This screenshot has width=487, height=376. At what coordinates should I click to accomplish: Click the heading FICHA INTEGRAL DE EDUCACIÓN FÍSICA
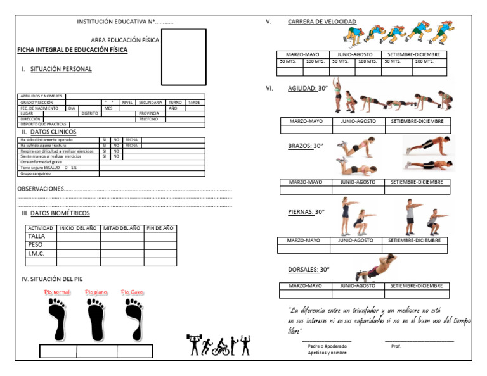coord(72,49)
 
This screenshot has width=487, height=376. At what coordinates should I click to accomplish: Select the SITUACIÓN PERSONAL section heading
coord(60,69)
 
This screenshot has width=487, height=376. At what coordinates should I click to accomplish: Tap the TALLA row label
coord(37,236)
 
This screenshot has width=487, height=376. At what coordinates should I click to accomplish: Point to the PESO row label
coord(36,244)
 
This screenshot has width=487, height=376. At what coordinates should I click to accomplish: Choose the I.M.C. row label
coord(36,253)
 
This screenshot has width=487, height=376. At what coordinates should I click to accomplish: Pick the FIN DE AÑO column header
coord(160,228)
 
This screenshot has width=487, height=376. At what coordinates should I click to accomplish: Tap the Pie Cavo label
coord(133,292)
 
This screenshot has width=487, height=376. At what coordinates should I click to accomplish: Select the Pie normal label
coord(57,292)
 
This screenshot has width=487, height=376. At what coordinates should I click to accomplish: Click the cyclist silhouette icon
coord(221,347)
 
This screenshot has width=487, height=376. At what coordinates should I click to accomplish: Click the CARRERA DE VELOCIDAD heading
coord(322,22)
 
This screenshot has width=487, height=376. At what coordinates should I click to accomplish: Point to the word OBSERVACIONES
coord(41,189)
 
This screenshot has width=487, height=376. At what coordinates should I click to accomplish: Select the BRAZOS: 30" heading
coord(305,146)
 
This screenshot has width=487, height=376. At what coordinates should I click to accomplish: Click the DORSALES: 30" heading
coord(308,269)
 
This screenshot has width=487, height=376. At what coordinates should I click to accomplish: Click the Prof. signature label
coord(396,346)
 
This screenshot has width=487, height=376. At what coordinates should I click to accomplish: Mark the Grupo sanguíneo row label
coord(37,173)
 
